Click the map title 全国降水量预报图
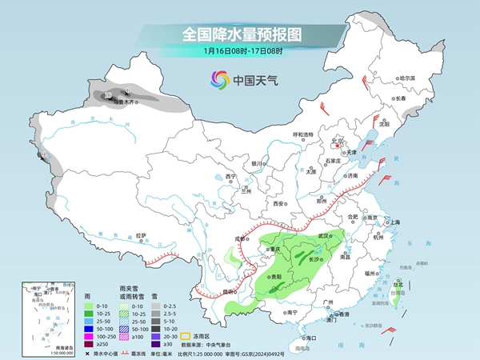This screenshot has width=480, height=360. point(239,34)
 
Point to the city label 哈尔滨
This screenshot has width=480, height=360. point(408,78)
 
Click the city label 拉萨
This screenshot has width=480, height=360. point(141,235)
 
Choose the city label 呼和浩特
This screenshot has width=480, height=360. point(302,134)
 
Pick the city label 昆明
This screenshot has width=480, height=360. point(229,290)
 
